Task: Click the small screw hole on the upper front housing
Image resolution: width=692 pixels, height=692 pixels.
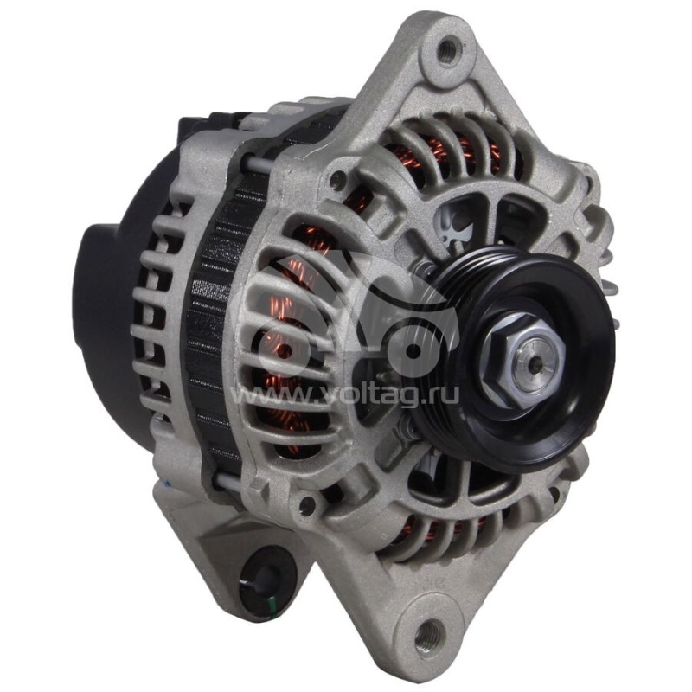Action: pos(338,179)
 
